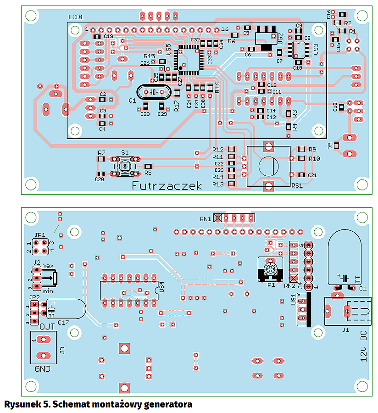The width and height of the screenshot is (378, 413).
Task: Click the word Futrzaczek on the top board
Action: point(167,185)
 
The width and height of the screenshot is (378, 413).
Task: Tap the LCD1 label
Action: point(76,17)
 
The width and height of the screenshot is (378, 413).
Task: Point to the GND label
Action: point(43,369)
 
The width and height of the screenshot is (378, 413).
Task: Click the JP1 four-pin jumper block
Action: point(39,246)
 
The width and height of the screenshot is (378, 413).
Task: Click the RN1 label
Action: point(206,219)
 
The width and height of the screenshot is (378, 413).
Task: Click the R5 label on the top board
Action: point(330,145)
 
